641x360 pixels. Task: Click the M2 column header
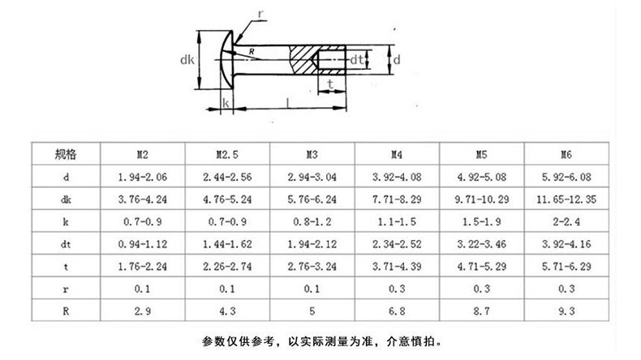click(x=141, y=153)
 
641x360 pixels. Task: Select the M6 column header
click(x=566, y=153)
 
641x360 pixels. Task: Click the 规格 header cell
click(x=66, y=153)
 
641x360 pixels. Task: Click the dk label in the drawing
click(x=187, y=58)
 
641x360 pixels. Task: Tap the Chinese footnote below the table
click(x=320, y=340)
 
